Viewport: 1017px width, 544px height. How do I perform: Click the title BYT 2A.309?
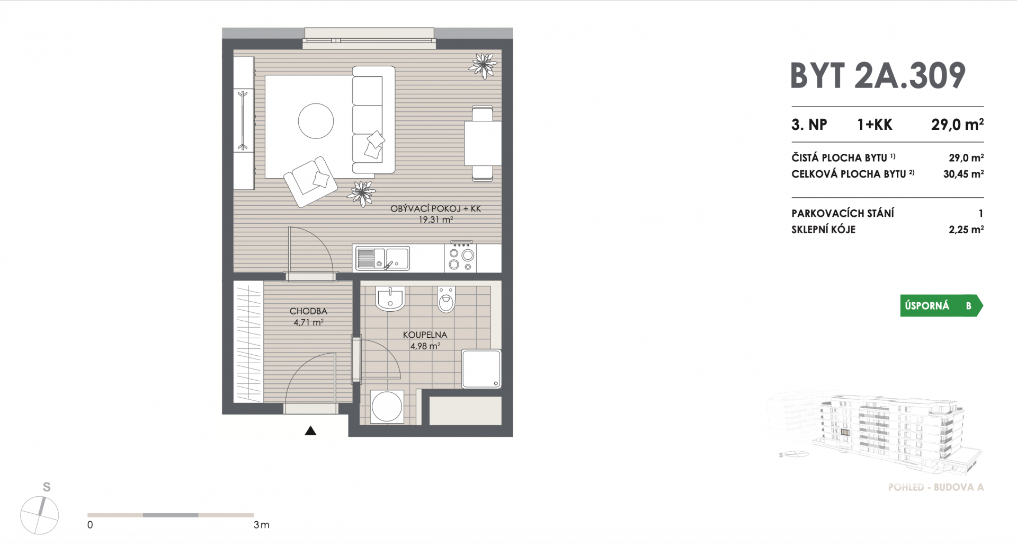[x=878, y=76]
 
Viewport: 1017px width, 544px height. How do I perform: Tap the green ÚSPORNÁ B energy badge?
[x=941, y=306]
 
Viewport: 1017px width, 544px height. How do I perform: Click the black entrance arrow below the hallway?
[x=310, y=431]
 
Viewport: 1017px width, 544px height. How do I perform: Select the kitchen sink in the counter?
[x=382, y=258]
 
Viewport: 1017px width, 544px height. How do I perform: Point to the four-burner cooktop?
[x=461, y=257]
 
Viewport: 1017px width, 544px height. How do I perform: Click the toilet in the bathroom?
[x=447, y=300]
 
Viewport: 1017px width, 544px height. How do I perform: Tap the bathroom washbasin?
[x=390, y=299]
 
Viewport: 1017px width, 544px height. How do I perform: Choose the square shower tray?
[x=481, y=368]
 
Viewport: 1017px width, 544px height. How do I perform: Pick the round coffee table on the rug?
[x=316, y=121]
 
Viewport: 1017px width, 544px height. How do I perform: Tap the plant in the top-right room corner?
[x=483, y=66]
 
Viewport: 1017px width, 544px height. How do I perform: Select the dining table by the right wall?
[x=483, y=143]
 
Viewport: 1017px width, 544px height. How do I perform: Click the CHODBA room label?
[x=308, y=311]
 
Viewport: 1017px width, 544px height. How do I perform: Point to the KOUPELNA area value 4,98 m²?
[x=425, y=346]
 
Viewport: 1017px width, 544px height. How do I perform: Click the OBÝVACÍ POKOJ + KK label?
[x=435, y=209]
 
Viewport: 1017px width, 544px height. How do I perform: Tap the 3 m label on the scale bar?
[x=262, y=525]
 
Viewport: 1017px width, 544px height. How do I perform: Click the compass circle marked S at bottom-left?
[x=40, y=515]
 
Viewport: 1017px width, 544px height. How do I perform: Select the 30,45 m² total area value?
[x=964, y=173]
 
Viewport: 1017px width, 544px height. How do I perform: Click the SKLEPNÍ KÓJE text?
[x=823, y=230]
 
